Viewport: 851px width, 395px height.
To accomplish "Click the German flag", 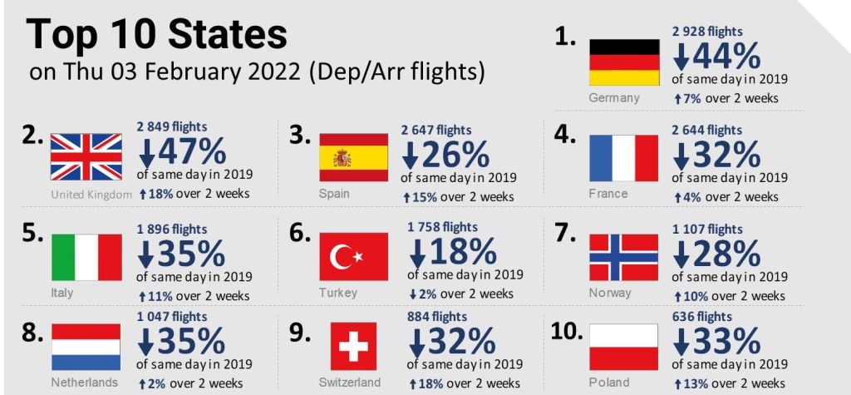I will point(624,62).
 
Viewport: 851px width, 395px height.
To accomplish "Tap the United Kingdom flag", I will point(86,157).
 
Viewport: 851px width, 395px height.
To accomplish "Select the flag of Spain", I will point(353,157).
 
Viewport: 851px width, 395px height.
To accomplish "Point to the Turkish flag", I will point(353,256).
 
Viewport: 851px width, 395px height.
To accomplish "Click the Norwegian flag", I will point(623,256).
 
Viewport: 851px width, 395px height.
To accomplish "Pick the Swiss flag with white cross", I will point(353,346).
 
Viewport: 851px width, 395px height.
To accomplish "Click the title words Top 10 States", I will point(157,34).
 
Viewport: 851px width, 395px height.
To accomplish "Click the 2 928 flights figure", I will point(707,31).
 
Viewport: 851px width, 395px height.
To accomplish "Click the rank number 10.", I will point(568,332).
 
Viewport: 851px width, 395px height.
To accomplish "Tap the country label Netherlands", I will point(84,383).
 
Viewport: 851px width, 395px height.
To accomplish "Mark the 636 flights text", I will point(703,317).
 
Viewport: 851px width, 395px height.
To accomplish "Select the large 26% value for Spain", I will point(459,153).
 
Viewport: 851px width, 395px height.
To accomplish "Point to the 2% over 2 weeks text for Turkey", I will point(462,294).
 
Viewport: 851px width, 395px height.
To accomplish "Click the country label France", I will point(608,194).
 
